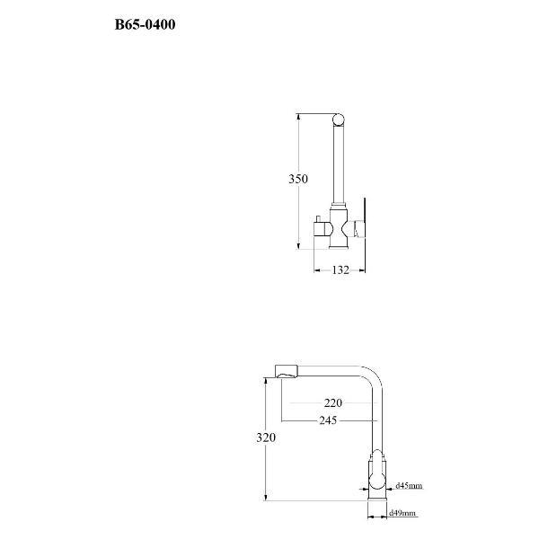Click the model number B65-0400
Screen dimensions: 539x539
(x=145, y=25)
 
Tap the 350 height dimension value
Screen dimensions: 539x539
(x=298, y=179)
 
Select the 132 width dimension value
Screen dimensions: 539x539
(x=340, y=269)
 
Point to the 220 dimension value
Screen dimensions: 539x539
(x=333, y=402)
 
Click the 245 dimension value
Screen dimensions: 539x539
(x=328, y=420)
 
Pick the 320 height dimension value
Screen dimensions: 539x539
(x=266, y=437)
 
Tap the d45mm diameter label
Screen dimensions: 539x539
(x=409, y=486)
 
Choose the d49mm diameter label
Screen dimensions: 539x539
(x=402, y=514)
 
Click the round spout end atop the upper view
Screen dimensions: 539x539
(x=339, y=120)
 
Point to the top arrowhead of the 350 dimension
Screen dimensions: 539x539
(x=298, y=117)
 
